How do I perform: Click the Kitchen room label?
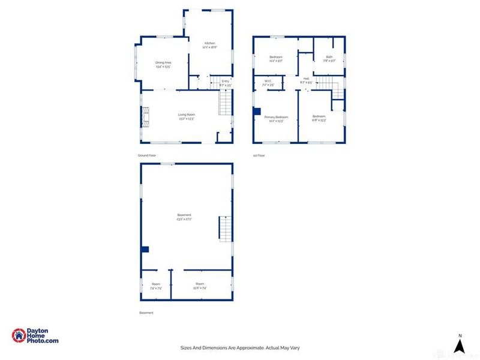point(209,43)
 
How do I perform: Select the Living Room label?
point(187,115)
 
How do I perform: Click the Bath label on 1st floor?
point(329,57)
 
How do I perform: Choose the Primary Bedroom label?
point(277,117)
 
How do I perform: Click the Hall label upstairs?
point(306,79)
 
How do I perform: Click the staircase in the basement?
point(224,229)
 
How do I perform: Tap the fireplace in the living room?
point(145,117)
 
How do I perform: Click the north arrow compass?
point(459,344)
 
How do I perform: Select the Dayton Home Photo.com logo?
point(35,336)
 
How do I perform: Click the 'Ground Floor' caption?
point(147,155)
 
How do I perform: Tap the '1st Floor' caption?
point(259,155)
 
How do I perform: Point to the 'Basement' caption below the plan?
point(146,313)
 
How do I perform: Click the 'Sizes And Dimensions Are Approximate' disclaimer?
point(239,347)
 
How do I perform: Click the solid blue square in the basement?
point(145,250)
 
